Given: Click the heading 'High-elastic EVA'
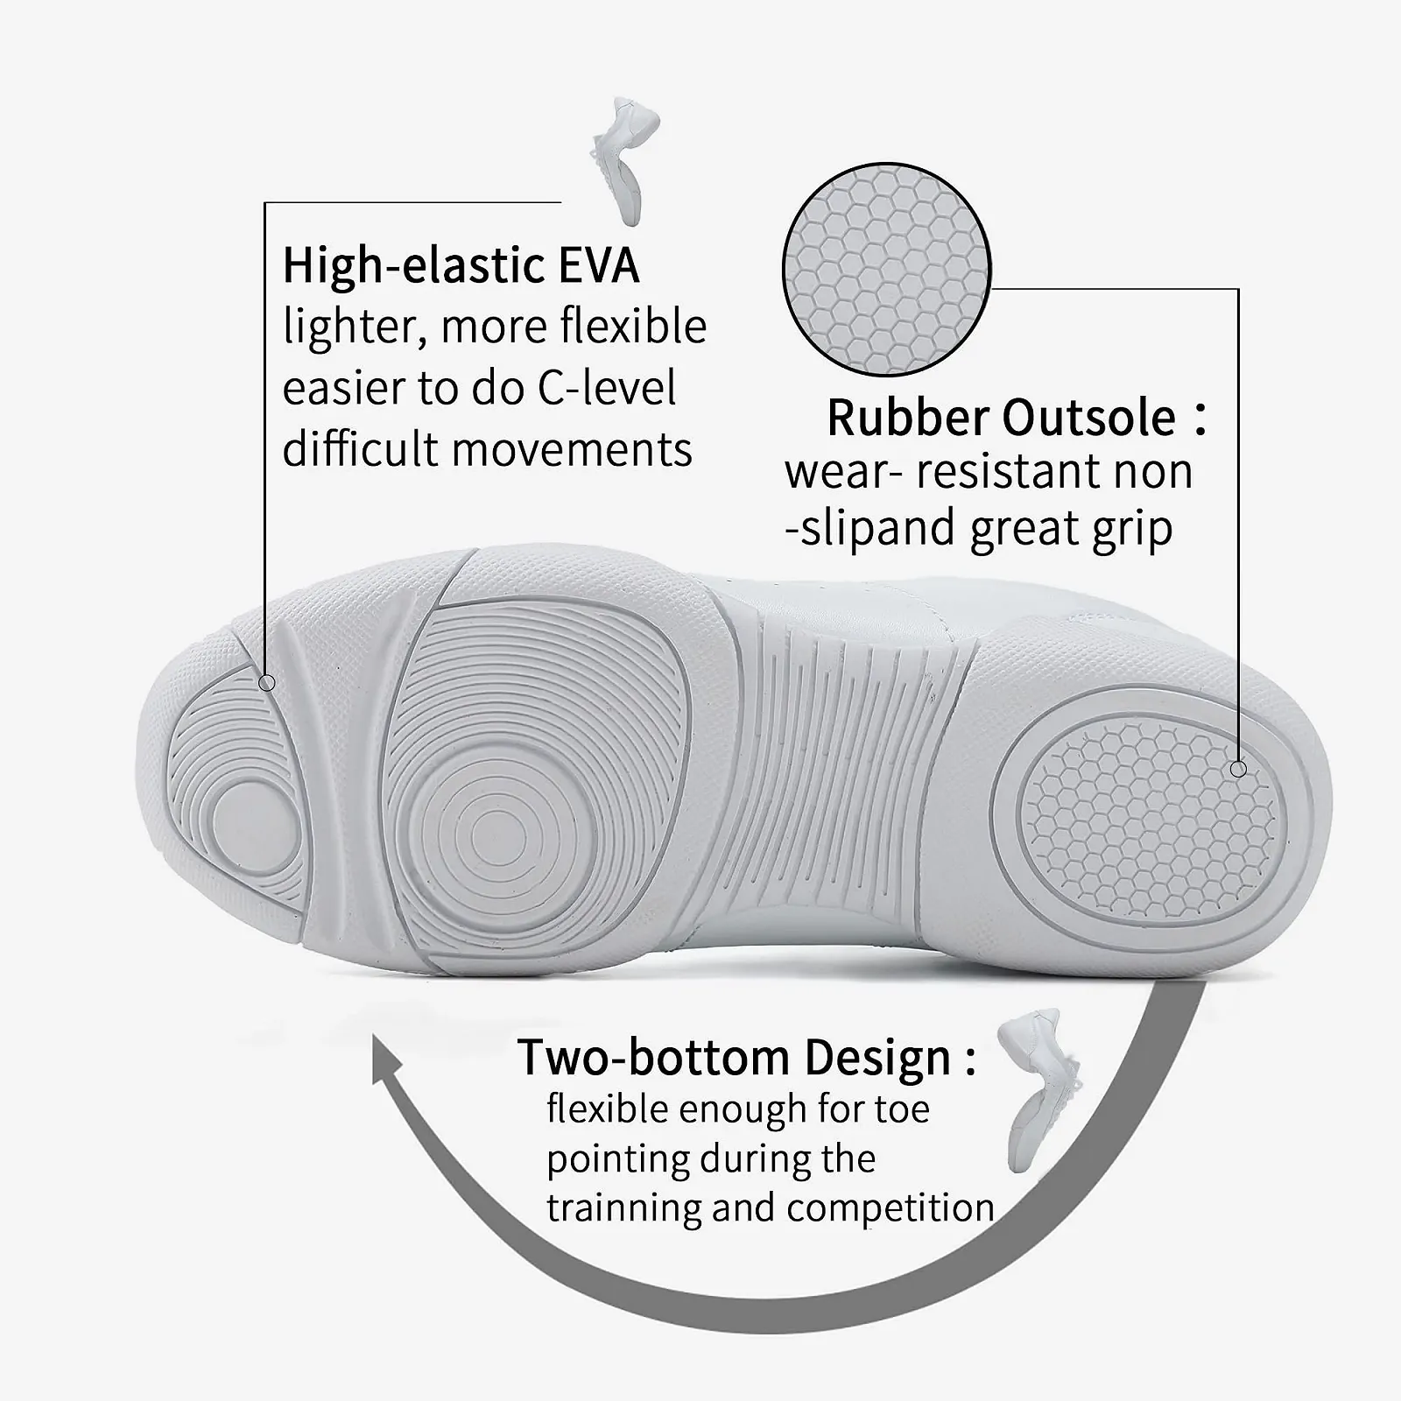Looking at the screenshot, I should [x=461, y=265].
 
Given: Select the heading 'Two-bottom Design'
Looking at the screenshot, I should [x=734, y=1058].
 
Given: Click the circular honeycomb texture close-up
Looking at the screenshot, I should [x=886, y=270].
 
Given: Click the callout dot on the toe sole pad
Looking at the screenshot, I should [x=268, y=683].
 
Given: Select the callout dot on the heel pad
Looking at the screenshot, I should [x=1238, y=769].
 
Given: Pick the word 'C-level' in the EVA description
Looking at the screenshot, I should [x=607, y=388].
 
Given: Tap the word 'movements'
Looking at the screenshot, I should [x=572, y=449].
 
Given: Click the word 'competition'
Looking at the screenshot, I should [x=891, y=1207].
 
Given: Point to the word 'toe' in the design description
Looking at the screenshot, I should [x=902, y=1109].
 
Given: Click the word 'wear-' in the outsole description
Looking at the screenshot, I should [x=843, y=473].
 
